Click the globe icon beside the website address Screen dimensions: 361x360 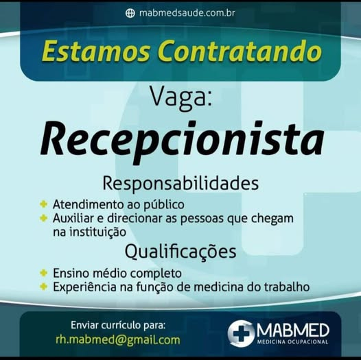[130, 13]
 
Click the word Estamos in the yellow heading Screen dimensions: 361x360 [95, 51]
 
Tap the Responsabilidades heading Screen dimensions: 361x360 [180, 184]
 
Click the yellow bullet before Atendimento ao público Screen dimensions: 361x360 [43, 204]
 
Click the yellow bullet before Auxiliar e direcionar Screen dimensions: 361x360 [43, 218]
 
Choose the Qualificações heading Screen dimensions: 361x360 [180, 252]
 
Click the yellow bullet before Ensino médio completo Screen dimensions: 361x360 [43, 273]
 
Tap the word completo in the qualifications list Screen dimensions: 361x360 [156, 274]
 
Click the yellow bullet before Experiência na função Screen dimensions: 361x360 [43, 287]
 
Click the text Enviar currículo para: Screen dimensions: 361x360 [118, 326]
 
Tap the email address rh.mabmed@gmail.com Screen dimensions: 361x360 [117, 340]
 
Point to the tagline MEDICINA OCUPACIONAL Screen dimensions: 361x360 [292, 341]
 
